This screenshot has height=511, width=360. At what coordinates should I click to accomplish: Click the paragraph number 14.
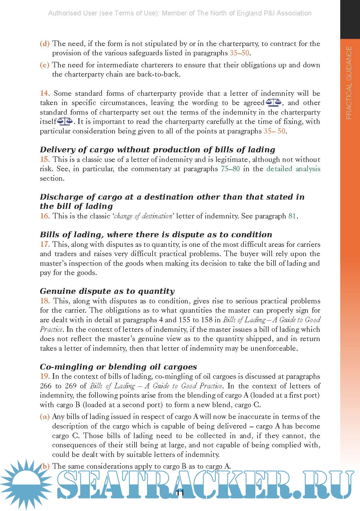45,93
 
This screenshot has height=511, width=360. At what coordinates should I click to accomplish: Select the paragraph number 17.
45,244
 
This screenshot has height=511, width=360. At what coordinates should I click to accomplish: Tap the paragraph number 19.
45,376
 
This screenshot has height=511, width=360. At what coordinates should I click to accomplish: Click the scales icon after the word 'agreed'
274,102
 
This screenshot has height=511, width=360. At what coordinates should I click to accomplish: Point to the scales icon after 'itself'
65,121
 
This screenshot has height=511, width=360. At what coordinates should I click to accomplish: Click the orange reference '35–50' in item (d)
239,53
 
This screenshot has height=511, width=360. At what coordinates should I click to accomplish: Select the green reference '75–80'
230,169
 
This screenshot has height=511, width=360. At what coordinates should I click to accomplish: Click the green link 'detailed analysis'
293,169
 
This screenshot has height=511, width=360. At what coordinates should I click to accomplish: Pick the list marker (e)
44,65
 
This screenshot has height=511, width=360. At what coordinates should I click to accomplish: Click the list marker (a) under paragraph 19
44,416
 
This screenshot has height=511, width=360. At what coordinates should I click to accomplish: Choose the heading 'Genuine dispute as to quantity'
107,291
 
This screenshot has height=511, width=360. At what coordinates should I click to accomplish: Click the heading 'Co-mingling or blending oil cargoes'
118,367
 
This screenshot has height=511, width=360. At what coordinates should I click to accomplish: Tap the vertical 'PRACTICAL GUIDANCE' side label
349,83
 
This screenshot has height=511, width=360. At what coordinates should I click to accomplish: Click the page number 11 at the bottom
180,492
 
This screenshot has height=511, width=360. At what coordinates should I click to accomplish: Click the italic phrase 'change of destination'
143,216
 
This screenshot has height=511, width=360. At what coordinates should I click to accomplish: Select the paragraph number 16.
45,216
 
